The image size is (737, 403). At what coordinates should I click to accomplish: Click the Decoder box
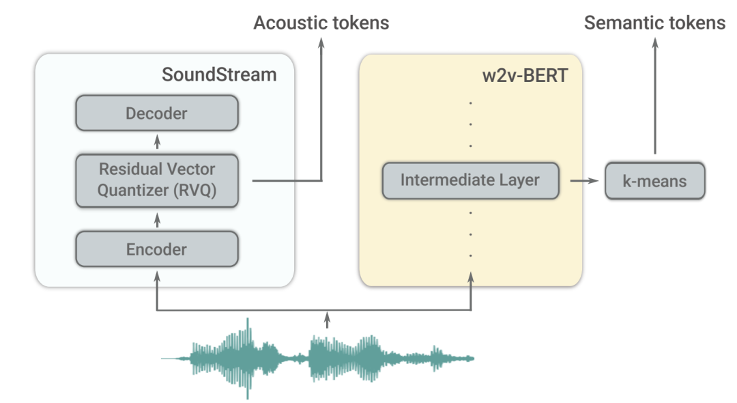coord(156,113)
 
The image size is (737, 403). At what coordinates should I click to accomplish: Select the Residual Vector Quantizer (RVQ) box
coord(156,180)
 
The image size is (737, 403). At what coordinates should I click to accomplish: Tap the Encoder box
coord(156,249)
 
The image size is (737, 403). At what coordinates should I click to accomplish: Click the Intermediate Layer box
coord(470,181)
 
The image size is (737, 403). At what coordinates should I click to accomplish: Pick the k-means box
coord(655,181)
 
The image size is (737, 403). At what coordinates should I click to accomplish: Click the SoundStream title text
coord(219,74)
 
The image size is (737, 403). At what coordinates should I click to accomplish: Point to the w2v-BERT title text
coord(525,74)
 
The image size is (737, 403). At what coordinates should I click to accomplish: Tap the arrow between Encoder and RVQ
coord(158,220)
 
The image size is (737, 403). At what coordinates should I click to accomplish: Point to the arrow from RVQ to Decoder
coord(158,142)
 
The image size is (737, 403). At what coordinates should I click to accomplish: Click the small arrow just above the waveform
coord(328,318)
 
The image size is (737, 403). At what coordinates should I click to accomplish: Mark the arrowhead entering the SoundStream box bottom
coord(158,277)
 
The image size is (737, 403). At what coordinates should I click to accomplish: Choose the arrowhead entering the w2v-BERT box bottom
coord(471,277)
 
